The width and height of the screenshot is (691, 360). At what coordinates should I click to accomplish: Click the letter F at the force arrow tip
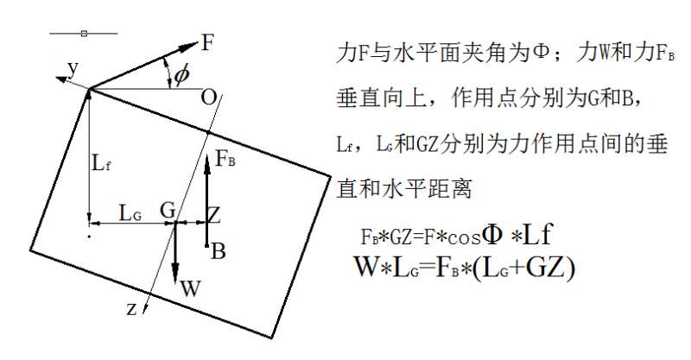207,43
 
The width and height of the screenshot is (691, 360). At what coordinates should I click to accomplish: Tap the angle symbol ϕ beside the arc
181,74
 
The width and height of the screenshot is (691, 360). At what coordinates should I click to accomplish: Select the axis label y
73,68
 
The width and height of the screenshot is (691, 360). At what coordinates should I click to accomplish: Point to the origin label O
208,98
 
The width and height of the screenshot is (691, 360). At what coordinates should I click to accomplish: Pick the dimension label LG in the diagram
130,214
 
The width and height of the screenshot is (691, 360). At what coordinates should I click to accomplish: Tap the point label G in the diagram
168,210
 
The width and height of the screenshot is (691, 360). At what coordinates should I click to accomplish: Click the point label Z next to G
213,215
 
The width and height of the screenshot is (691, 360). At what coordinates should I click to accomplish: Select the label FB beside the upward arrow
225,159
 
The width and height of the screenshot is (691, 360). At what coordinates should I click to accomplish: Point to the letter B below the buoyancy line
219,251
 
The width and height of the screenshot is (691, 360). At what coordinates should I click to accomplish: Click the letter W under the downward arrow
190,288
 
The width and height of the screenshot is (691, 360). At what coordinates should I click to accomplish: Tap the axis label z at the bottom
131,309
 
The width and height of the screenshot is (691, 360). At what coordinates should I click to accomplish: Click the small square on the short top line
84,33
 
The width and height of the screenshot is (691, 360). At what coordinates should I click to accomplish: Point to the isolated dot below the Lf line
89,237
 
